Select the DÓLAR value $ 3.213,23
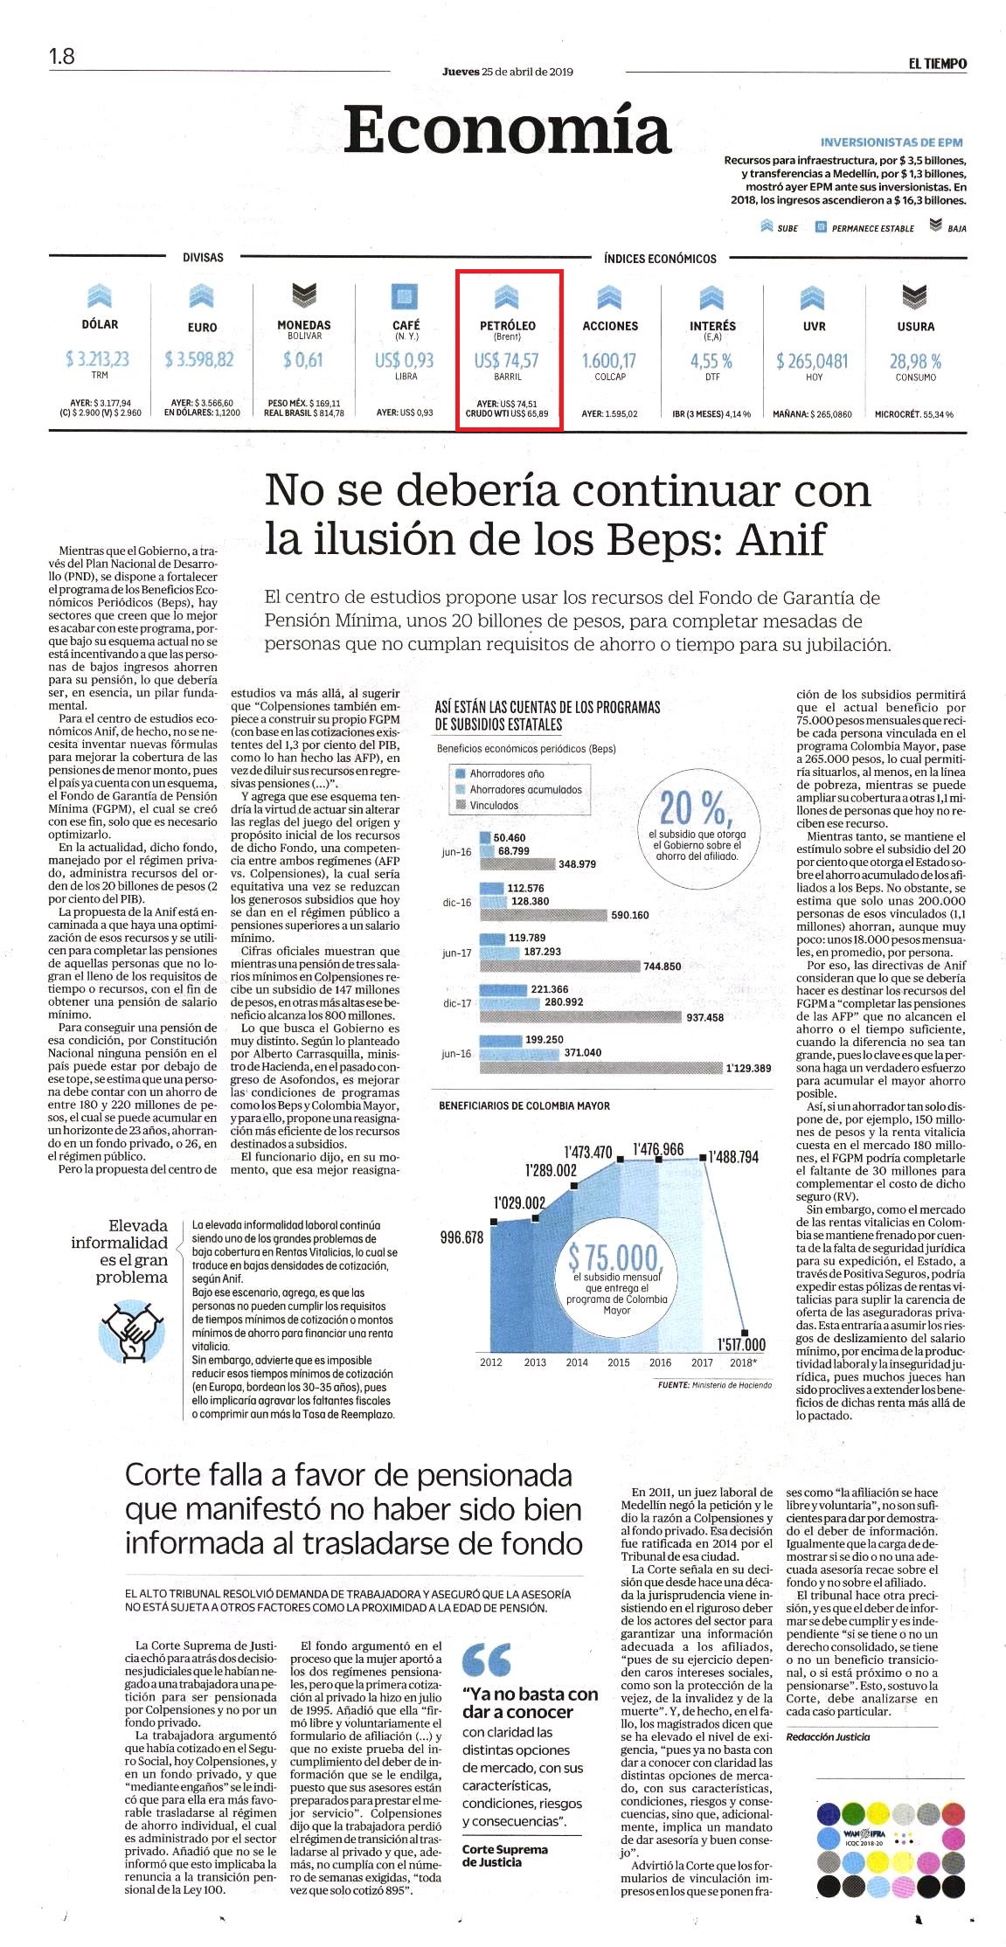pyautogui.click(x=97, y=359)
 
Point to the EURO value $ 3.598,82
pyautogui.click(x=199, y=359)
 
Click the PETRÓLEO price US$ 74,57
pyautogui.click(x=507, y=360)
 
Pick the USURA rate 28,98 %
pyautogui.click(x=915, y=361)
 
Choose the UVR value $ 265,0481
pyautogui.click(x=812, y=361)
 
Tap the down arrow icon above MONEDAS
pyautogui.click(x=303, y=295)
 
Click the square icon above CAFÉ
pyautogui.click(x=405, y=295)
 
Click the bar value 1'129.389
pyautogui.click(x=748, y=1068)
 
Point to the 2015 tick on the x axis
pyautogui.click(x=619, y=1362)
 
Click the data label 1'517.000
pyautogui.click(x=740, y=1345)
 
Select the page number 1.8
pyautogui.click(x=61, y=57)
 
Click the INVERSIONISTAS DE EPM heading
pyautogui.click(x=892, y=142)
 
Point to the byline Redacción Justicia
pyautogui.click(x=828, y=1736)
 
